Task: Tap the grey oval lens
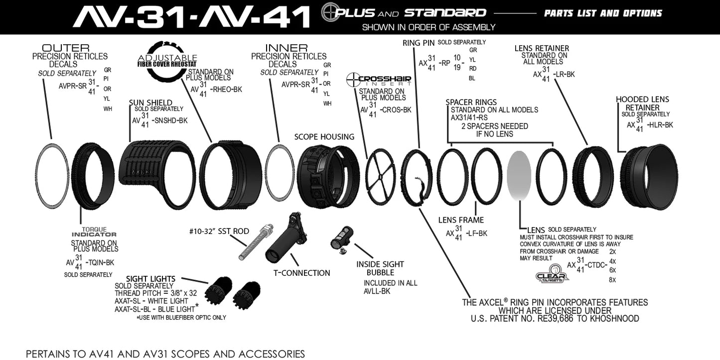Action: pyautogui.click(x=519, y=176)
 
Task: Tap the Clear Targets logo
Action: pyautogui.click(x=552, y=276)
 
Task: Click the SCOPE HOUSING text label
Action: pyautogui.click(x=324, y=137)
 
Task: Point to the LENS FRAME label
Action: pyautogui.click(x=461, y=220)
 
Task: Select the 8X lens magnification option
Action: pyautogui.click(x=612, y=280)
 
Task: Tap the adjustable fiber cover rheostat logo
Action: pyautogui.click(x=167, y=60)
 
